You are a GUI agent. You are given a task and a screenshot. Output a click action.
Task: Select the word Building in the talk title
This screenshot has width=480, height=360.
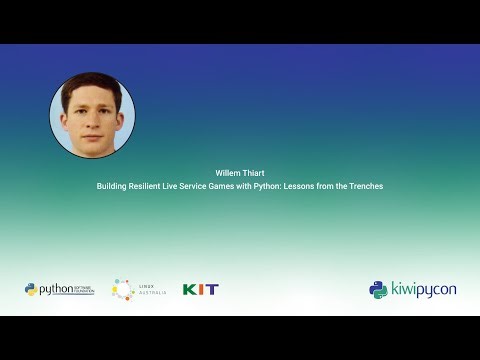point(111,186)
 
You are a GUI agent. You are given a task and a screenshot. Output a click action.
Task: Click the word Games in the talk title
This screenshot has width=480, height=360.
point(228,186)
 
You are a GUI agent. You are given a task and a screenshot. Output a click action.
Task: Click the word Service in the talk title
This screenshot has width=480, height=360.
point(199,186)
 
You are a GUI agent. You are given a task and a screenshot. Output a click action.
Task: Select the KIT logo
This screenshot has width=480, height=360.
point(200,289)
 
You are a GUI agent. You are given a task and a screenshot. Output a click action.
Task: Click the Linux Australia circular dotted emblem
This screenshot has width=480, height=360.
point(122,289)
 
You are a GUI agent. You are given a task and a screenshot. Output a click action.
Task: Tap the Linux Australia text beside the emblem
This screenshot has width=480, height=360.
point(147,289)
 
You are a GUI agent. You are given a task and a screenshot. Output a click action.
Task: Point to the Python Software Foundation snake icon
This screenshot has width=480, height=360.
point(31,289)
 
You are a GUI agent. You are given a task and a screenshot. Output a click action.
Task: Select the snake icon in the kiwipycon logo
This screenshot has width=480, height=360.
point(378,289)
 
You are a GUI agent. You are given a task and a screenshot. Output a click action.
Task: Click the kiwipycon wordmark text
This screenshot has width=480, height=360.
point(421,289)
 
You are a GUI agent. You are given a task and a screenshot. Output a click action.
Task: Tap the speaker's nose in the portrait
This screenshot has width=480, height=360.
point(91,116)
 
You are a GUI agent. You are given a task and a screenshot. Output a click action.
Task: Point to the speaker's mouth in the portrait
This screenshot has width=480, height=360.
point(91,129)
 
